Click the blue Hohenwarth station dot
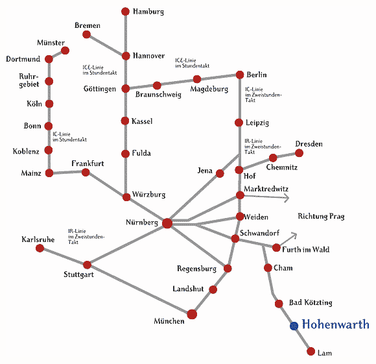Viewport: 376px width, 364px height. coord(294,326)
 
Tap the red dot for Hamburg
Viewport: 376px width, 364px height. coord(125,11)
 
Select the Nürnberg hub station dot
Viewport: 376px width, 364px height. coord(167,223)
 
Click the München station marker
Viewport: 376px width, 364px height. coord(192,314)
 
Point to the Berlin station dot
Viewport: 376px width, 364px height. coord(240,75)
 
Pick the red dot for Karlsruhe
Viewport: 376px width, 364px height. coord(40,248)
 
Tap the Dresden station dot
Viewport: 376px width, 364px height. coord(299,153)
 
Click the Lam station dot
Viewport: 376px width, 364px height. coord(311,351)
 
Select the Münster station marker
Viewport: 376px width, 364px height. coord(65,51)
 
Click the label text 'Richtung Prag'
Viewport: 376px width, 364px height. coord(321,216)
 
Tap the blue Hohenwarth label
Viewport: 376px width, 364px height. coord(335,324)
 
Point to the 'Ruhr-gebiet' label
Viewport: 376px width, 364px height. coord(29,80)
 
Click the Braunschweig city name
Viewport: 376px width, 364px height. coord(158,94)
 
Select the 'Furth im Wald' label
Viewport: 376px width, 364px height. coord(305,250)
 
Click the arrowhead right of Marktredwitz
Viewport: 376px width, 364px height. coord(287,198)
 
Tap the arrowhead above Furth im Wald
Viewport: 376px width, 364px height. coord(294,236)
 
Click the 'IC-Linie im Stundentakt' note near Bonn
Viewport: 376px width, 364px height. coord(69,137)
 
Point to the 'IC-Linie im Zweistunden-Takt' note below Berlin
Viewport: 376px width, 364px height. coord(263,95)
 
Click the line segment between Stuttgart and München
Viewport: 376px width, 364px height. coord(139,289)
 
